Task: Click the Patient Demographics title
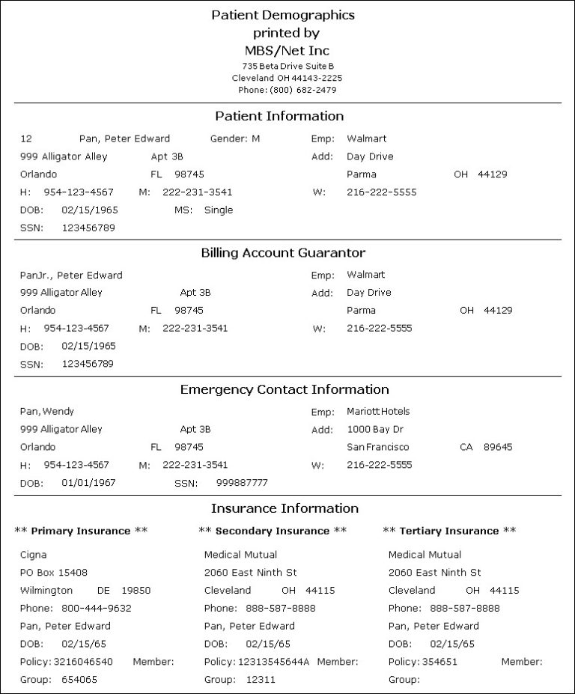point(283,15)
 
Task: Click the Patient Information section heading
point(279,116)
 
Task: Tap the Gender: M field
point(234,139)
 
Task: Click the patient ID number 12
point(26,139)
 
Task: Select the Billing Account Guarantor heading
point(283,253)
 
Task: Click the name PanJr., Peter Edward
point(71,275)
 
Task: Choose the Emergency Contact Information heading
point(285,389)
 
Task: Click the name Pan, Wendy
point(47,411)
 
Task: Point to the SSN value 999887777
point(242,483)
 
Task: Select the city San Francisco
point(378,447)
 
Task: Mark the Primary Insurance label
point(81,531)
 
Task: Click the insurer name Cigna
point(33,555)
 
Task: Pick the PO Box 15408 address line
point(54,573)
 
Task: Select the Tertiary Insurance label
point(449,531)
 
